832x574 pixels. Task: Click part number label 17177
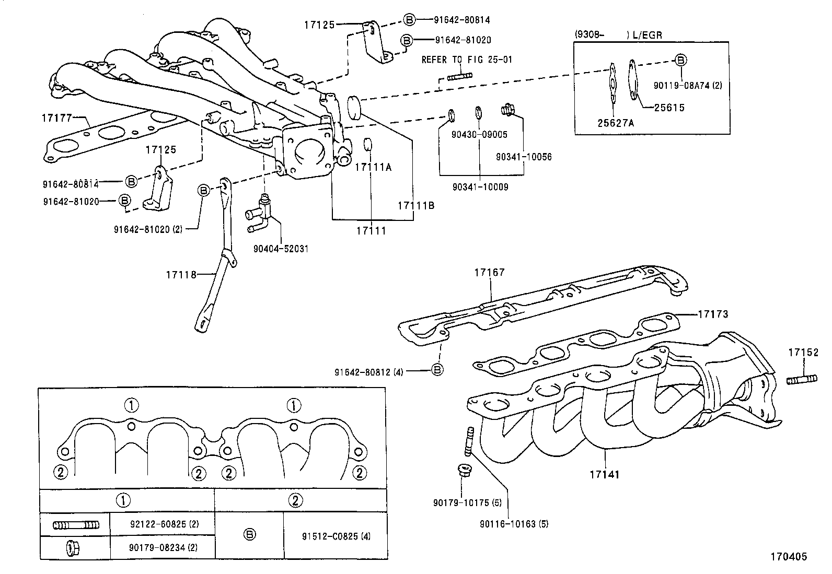56,119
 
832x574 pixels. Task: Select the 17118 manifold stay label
181,274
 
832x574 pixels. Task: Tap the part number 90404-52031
281,249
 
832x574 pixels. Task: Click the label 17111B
415,206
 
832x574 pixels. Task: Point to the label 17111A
373,167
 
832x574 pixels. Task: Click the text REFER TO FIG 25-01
467,60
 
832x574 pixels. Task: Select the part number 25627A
616,123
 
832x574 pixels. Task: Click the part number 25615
669,108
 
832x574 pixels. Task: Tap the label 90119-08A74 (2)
688,85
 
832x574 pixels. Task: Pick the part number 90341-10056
524,157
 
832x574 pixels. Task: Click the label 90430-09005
480,135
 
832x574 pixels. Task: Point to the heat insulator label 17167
490,272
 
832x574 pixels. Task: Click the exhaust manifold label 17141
605,474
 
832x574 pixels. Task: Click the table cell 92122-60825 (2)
162,524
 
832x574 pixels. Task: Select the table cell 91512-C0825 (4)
336,536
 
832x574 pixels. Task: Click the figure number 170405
788,557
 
